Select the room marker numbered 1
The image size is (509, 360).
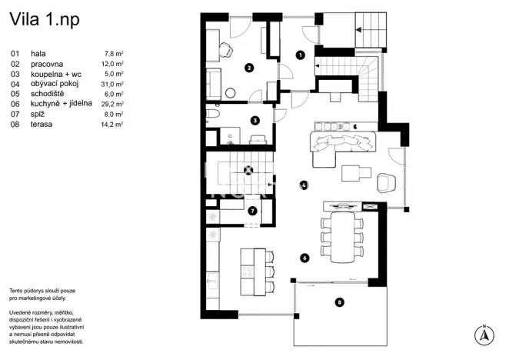coord(301,55)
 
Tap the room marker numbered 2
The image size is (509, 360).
coord(249,68)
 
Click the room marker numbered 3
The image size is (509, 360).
coord(254,120)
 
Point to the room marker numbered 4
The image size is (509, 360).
coord(304,185)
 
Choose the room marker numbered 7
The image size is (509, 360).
coord(252,211)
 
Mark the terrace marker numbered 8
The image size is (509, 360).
coord(339,302)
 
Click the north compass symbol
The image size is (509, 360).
coord(484,333)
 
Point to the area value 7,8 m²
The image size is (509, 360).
coord(114,54)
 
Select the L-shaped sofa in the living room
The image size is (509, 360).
coord(338,145)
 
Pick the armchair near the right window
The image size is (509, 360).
coord(387,182)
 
